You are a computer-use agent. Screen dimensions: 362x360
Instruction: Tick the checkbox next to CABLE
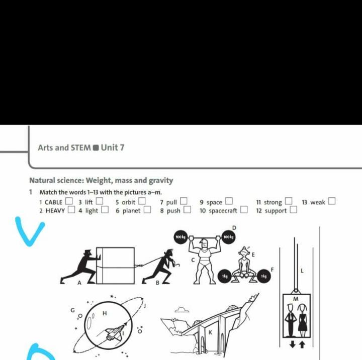69,201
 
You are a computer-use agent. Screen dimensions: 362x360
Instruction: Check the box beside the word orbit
142,201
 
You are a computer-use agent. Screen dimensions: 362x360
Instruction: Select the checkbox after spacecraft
244,209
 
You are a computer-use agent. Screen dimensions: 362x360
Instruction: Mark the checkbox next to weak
332,201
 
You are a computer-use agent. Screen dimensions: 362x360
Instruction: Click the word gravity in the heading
161,181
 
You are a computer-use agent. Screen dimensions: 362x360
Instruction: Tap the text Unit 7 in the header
113,148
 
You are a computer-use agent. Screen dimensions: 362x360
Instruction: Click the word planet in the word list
131,210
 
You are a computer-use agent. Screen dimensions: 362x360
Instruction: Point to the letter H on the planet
105,313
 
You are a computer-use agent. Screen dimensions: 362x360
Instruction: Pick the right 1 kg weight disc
264,276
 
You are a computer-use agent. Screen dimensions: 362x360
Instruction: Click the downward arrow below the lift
293,344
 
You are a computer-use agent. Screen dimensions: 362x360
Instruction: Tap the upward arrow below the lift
302,344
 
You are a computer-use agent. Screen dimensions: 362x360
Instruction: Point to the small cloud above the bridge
182,310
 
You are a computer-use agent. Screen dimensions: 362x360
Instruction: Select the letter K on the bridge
210,332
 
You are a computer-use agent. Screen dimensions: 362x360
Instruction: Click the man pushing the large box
80,267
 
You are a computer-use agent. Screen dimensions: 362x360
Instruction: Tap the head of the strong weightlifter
204,244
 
